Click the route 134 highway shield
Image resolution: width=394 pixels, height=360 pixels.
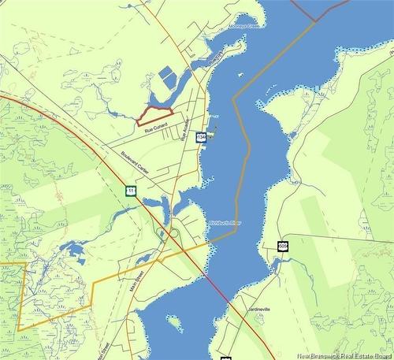coord(203,137)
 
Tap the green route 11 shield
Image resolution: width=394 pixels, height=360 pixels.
coord(130,190)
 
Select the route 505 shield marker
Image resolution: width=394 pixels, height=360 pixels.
coord(283,247)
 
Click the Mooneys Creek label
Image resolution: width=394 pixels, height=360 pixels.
coord(244,25)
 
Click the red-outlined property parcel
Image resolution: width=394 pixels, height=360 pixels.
coord(154,116)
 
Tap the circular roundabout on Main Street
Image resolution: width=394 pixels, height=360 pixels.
coord(173,232)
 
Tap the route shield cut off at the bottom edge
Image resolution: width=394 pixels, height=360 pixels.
coord(226,358)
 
